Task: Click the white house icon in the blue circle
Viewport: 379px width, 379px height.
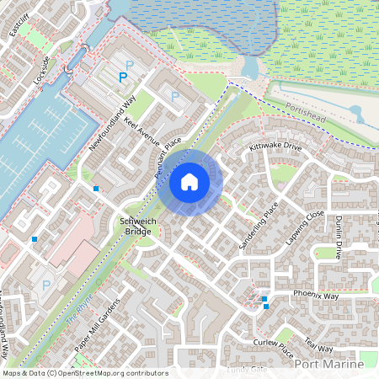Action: click(x=189, y=181)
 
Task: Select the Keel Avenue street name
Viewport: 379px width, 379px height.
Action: click(x=141, y=131)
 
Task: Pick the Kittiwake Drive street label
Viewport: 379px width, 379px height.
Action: click(x=275, y=146)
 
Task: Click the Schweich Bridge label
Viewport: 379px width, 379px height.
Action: click(x=134, y=225)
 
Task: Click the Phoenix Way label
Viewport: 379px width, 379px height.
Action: click(x=316, y=296)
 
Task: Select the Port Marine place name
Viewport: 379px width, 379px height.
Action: click(x=330, y=365)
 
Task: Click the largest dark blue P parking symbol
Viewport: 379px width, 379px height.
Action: click(x=123, y=77)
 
